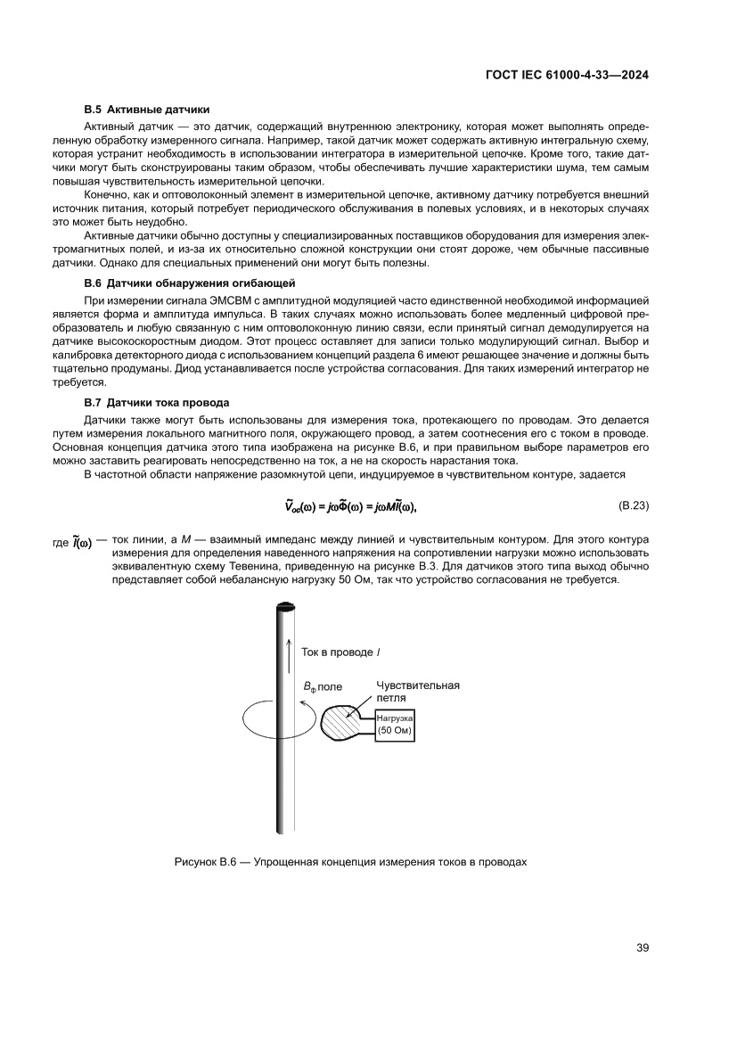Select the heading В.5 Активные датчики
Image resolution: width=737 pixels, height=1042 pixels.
[x=147, y=111]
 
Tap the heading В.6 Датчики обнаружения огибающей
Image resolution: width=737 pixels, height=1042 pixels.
[x=183, y=283]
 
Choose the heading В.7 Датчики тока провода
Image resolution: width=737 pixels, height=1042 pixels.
[x=157, y=403]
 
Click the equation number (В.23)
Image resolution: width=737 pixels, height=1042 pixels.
[x=632, y=505]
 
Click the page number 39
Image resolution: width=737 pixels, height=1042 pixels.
[x=641, y=947]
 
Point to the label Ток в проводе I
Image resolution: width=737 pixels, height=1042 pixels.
[x=337, y=652]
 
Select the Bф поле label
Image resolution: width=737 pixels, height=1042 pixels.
[x=323, y=687]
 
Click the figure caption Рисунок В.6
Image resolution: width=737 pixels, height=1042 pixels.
[x=350, y=862]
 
